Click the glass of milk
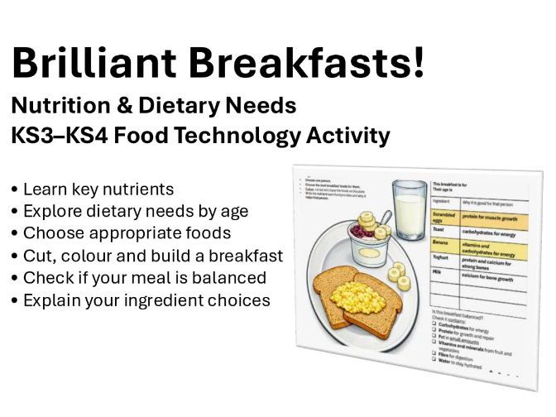[x=410, y=212]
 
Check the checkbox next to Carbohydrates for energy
[x=433, y=326]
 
